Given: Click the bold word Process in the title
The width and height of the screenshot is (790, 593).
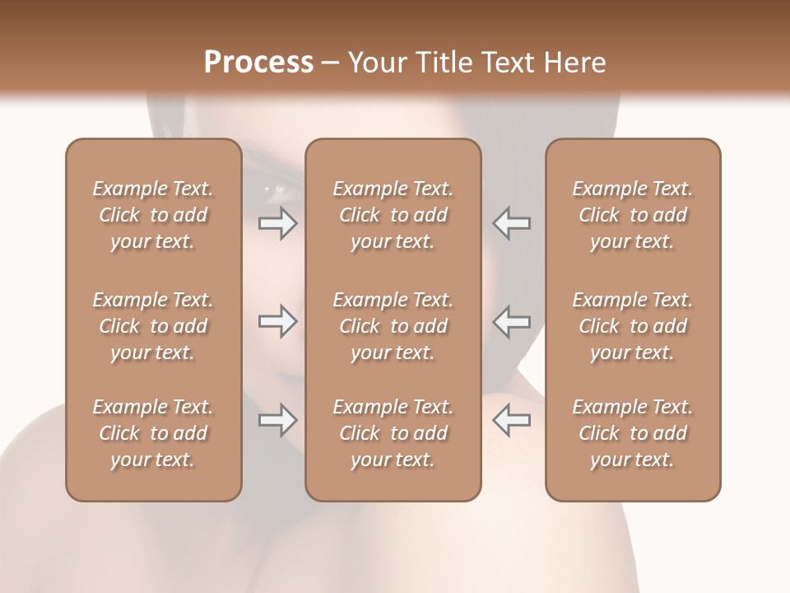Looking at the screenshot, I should tap(258, 63).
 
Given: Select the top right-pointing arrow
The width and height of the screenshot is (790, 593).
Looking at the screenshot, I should tap(277, 223).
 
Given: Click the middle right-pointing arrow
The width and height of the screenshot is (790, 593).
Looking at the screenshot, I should tap(277, 321).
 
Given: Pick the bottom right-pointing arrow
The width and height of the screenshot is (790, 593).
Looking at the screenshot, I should tap(277, 420).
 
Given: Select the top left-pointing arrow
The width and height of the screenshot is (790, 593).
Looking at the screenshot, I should tap(512, 223).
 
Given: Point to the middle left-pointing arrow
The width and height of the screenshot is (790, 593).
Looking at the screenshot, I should tap(512, 321).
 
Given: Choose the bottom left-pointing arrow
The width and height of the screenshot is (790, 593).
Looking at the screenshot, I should tap(512, 420).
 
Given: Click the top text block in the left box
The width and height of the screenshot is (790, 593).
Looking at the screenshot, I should tap(153, 215).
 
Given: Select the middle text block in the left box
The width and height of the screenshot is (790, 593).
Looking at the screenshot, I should tap(153, 326).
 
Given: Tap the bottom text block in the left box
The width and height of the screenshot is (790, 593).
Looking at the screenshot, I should tap(153, 433).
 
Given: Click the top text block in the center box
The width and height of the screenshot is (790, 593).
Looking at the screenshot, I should tap(393, 215).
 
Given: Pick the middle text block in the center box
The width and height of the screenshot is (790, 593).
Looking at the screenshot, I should tap(393, 326).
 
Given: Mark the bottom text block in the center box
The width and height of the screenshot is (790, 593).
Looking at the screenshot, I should tap(393, 433).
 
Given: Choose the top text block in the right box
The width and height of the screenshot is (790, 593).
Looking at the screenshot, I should tap(632, 215).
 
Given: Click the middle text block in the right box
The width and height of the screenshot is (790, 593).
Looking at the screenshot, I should tap(632, 326).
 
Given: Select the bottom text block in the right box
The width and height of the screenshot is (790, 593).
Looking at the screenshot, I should tap(632, 433).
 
